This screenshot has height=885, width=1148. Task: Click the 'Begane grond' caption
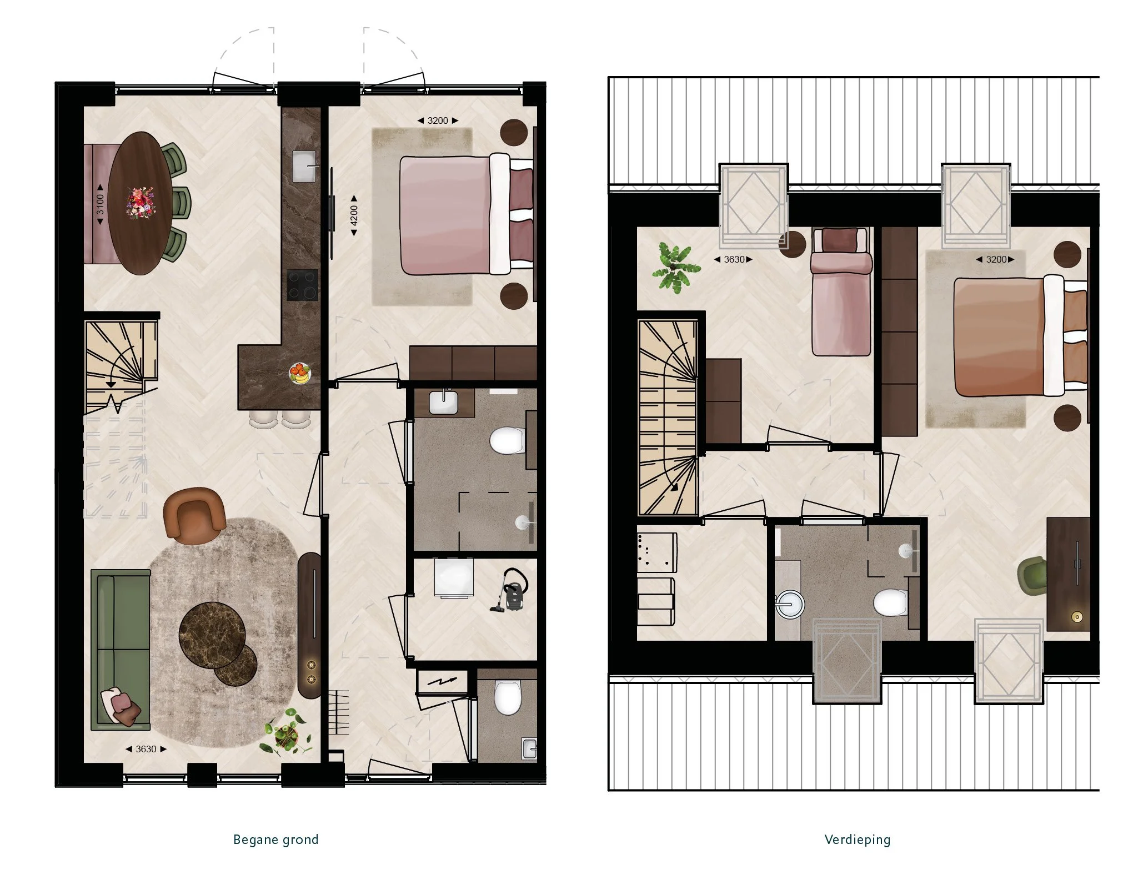(x=275, y=839)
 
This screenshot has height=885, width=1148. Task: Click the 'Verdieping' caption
(x=857, y=839)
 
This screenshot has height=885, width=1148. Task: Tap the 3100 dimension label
(x=100, y=204)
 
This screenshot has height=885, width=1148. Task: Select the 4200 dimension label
(x=354, y=216)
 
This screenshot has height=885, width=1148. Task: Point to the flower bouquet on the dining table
(x=141, y=202)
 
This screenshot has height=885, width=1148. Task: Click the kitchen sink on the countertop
(x=304, y=165)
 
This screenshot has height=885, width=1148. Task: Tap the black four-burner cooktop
(x=303, y=285)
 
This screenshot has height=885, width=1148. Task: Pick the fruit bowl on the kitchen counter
(x=300, y=373)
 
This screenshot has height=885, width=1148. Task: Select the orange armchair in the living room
(x=194, y=515)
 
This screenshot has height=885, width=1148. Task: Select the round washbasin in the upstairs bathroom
(x=789, y=604)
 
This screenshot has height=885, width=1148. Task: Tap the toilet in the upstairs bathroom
(x=890, y=602)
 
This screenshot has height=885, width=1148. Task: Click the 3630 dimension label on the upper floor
(x=734, y=259)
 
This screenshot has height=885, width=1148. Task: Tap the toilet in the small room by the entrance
(x=507, y=697)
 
